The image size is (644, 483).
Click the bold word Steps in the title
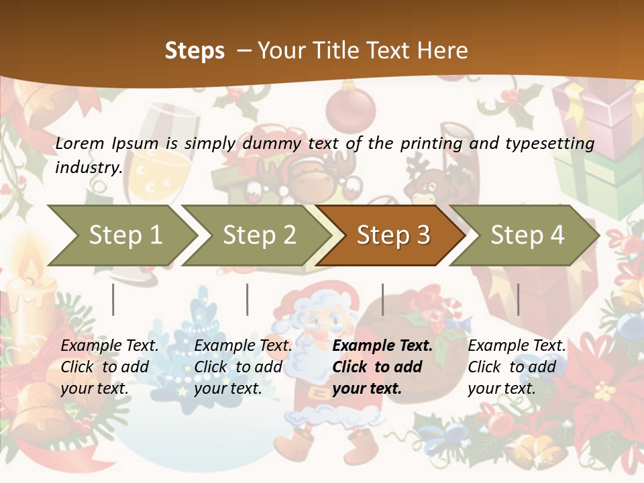pos(195,51)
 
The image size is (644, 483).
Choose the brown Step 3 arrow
pos(393,235)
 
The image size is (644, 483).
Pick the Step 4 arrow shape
pos(527,235)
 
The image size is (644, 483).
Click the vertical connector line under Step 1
pos(113,299)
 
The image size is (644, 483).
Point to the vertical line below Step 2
pos(248,299)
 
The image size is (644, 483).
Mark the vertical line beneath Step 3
pos(382,299)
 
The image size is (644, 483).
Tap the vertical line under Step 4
pos(518,299)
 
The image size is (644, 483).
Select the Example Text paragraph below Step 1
pos(110,367)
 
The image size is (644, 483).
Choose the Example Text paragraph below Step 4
pos(517,367)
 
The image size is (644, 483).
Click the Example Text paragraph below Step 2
pos(243,367)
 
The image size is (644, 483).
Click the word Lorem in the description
pos(80,143)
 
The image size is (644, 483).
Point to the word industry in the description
pos(89,167)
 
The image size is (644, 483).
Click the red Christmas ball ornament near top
pos(350,107)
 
